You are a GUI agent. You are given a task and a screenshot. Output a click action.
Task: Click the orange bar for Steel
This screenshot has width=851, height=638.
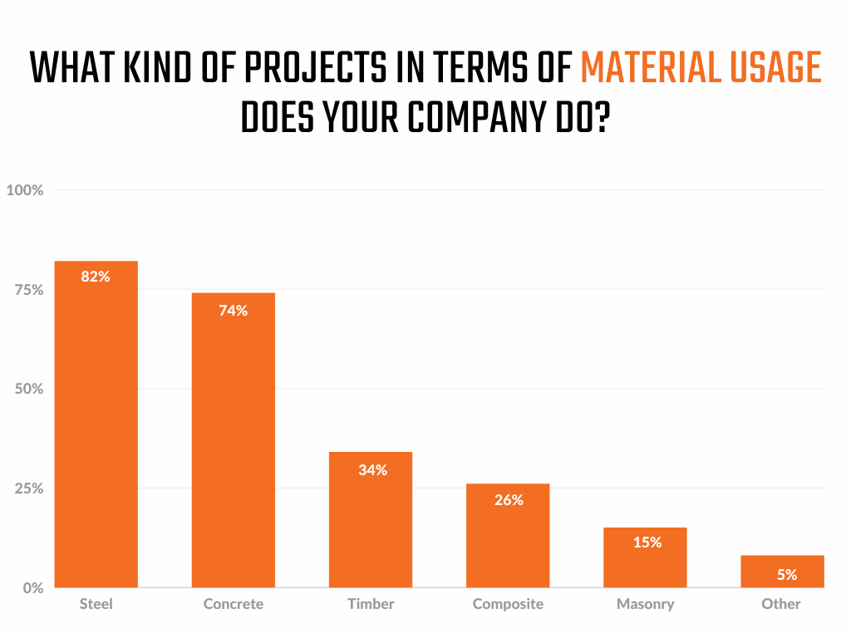(96, 432)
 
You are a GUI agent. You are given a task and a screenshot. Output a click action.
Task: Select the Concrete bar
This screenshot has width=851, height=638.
(233, 449)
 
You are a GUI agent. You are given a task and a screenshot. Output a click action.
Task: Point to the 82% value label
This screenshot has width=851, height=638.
(96, 277)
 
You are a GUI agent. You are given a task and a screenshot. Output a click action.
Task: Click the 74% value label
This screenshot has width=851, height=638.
(233, 311)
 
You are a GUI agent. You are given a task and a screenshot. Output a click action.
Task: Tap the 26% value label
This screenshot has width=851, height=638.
(509, 500)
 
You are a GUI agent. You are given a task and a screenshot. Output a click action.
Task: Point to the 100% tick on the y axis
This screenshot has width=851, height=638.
(25, 190)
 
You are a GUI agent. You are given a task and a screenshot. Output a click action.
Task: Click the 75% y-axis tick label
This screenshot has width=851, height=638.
(28, 289)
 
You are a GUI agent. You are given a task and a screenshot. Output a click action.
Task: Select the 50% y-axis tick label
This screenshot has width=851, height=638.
(28, 389)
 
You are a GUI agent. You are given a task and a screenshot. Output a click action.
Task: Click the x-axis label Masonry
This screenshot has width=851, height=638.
(645, 604)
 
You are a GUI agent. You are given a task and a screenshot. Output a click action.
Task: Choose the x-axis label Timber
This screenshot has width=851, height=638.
(370, 604)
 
